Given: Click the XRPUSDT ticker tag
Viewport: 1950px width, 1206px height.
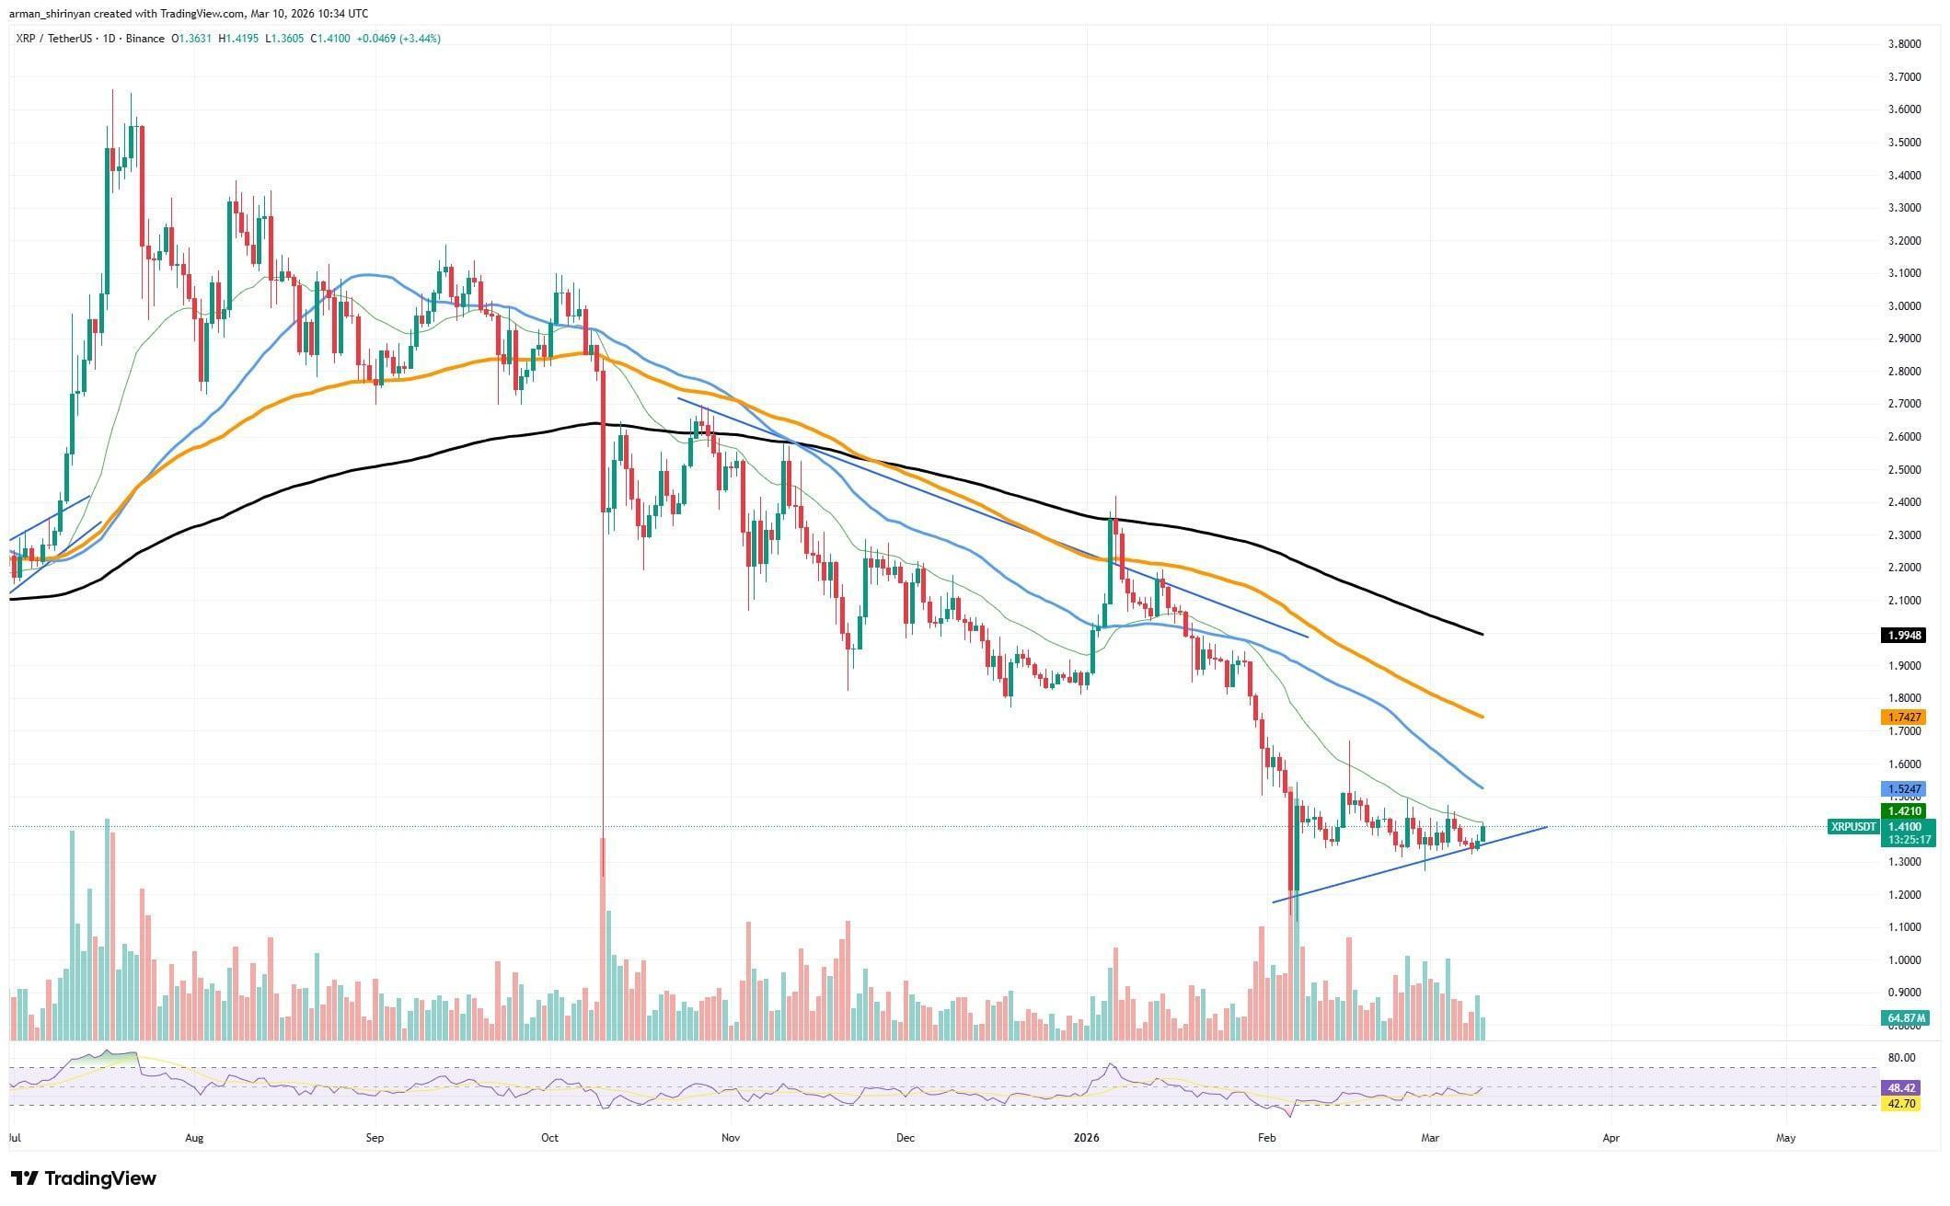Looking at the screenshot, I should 1853,827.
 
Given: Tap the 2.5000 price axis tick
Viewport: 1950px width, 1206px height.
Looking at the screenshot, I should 1897,470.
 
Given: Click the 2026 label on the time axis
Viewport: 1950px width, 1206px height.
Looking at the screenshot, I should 1087,1138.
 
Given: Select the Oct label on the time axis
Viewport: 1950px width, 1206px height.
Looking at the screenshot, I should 549,1138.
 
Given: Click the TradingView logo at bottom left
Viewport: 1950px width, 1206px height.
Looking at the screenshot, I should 84,1178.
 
